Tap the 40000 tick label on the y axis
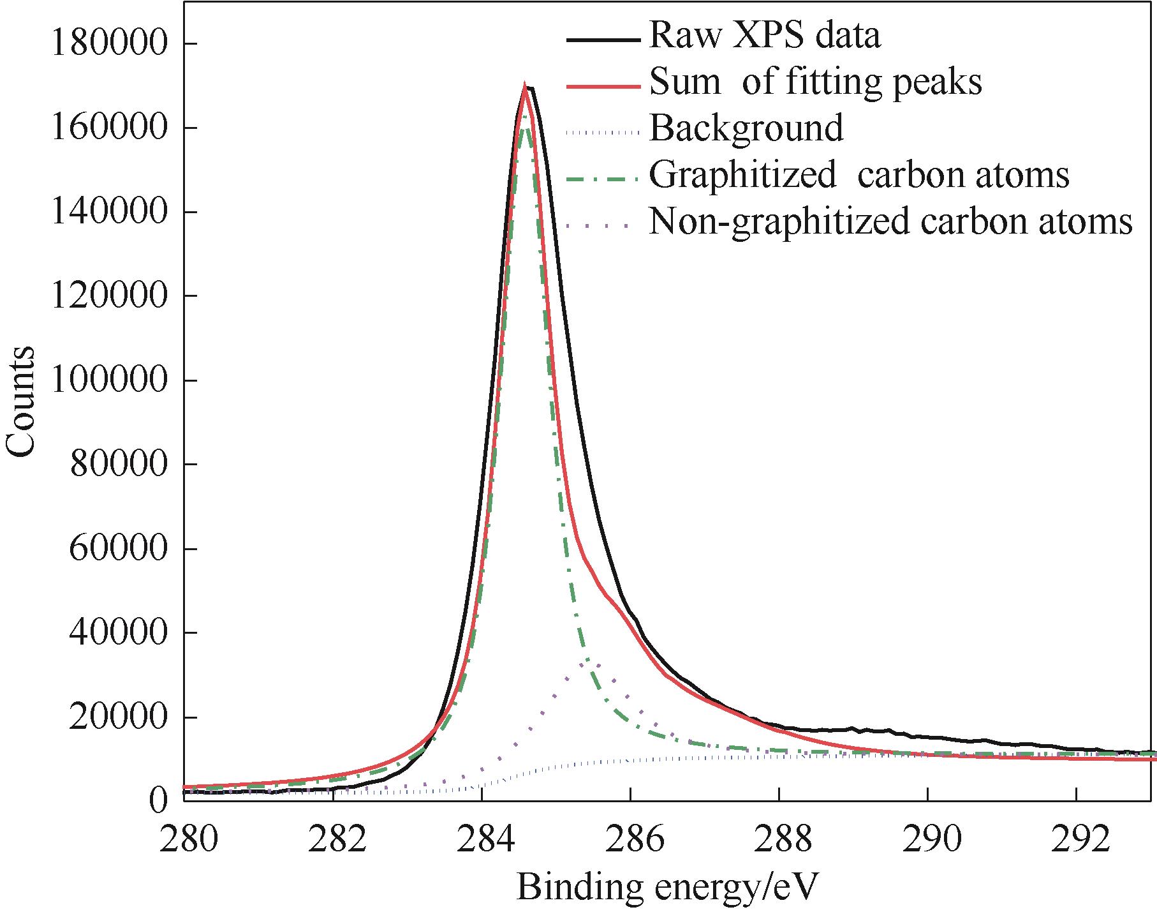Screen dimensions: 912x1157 point(119,634)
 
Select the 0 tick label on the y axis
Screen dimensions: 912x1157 point(159,799)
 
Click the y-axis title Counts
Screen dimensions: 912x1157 point(20,402)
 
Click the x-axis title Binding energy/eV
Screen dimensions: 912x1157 point(667,886)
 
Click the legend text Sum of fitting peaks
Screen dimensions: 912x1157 point(815,82)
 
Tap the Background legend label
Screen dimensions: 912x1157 point(746,128)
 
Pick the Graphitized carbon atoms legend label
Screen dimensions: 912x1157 point(859,174)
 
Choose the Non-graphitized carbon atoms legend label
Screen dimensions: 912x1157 point(890,221)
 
